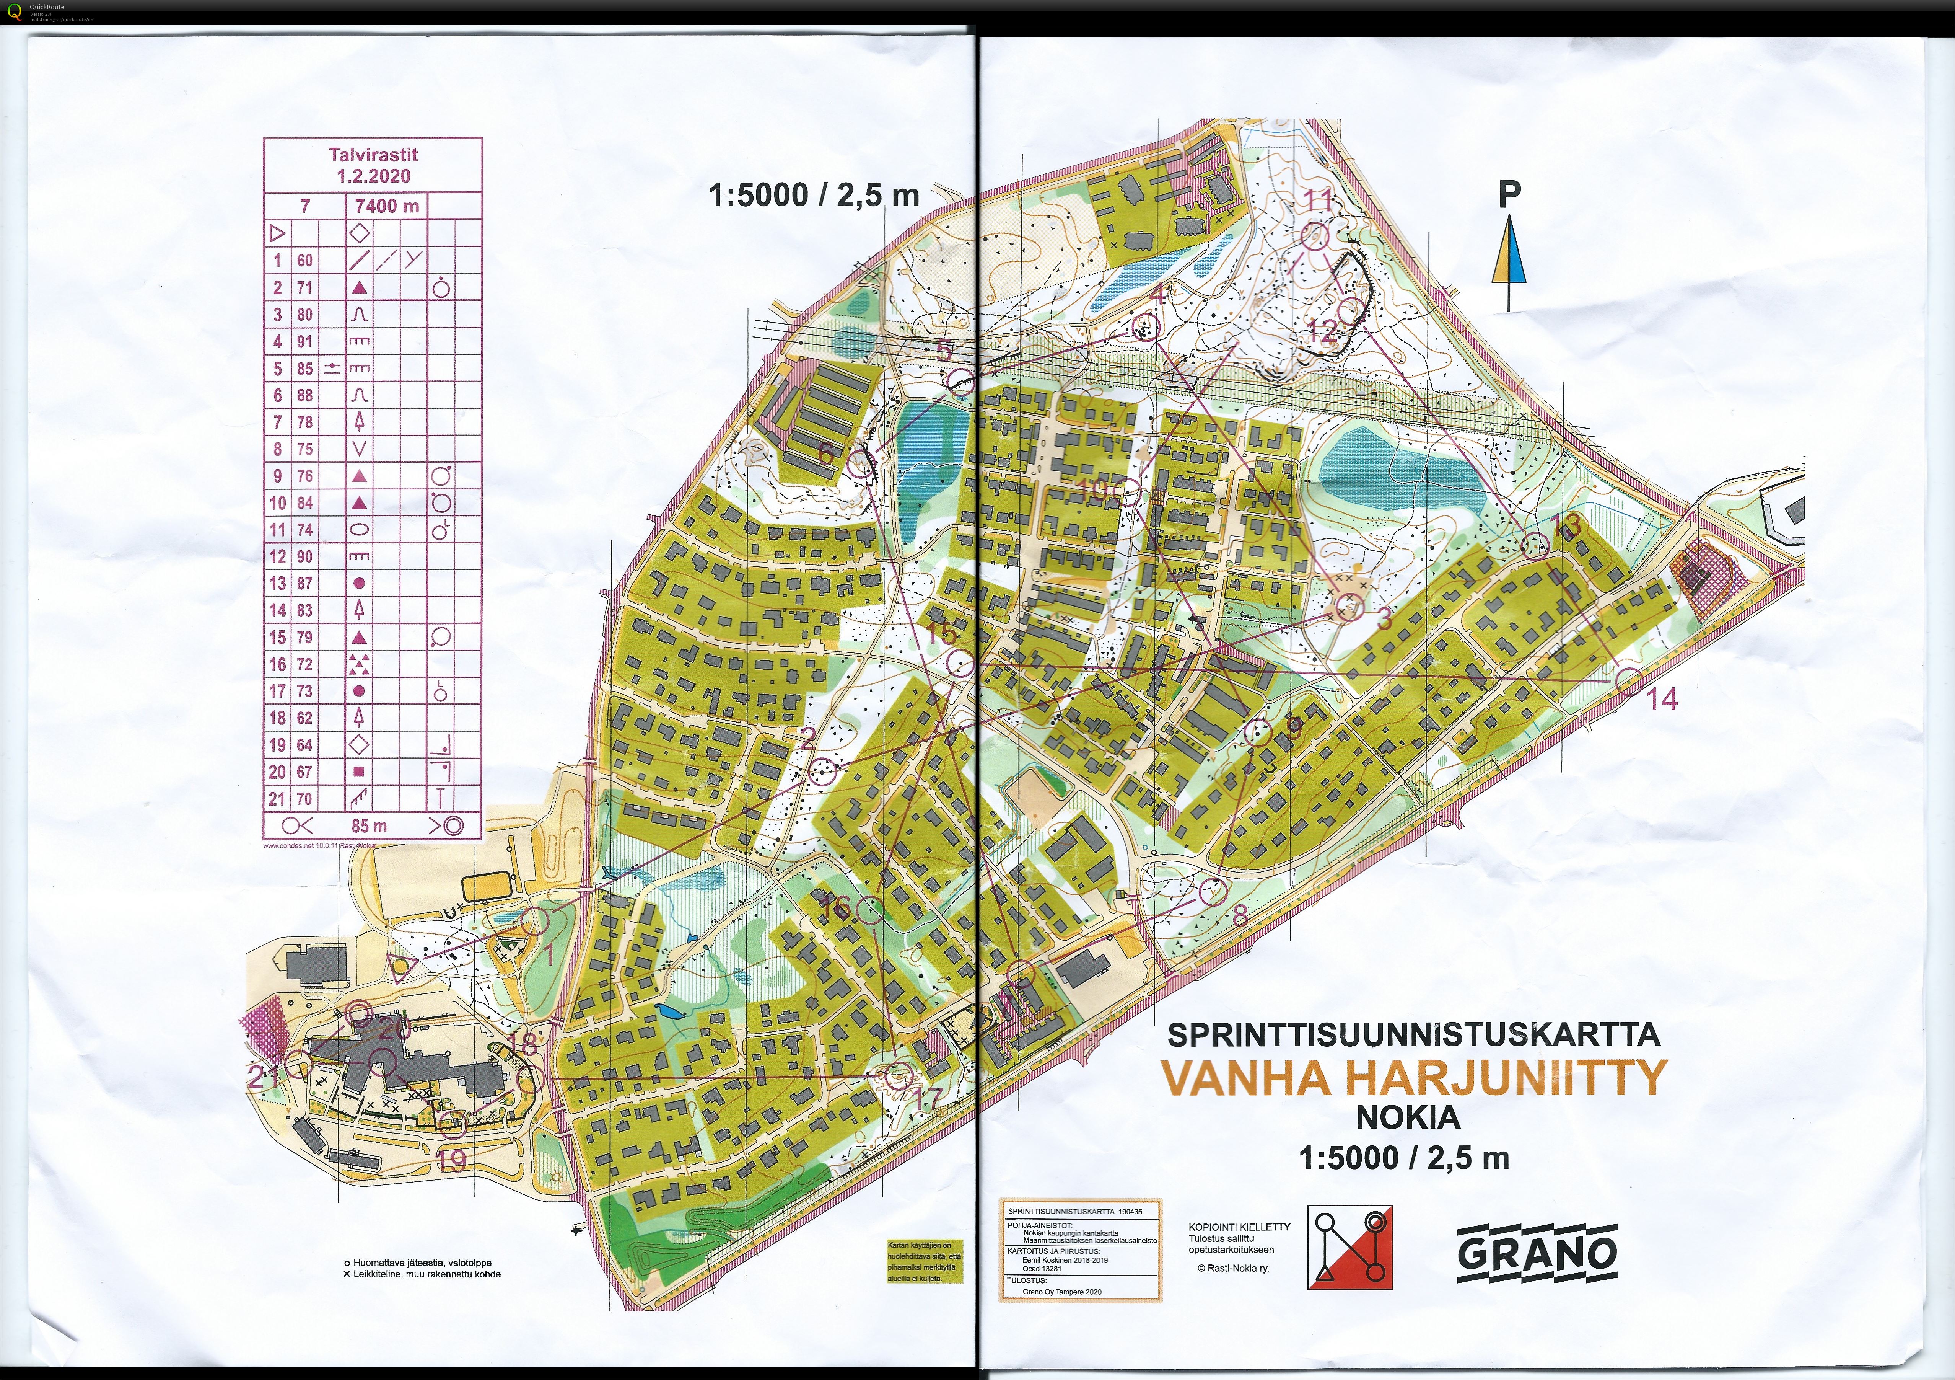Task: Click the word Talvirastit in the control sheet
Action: click(x=373, y=155)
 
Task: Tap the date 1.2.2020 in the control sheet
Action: click(x=373, y=176)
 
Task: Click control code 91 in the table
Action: click(x=304, y=342)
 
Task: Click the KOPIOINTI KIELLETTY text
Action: click(x=1239, y=1227)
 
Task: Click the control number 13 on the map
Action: click(x=1567, y=525)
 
